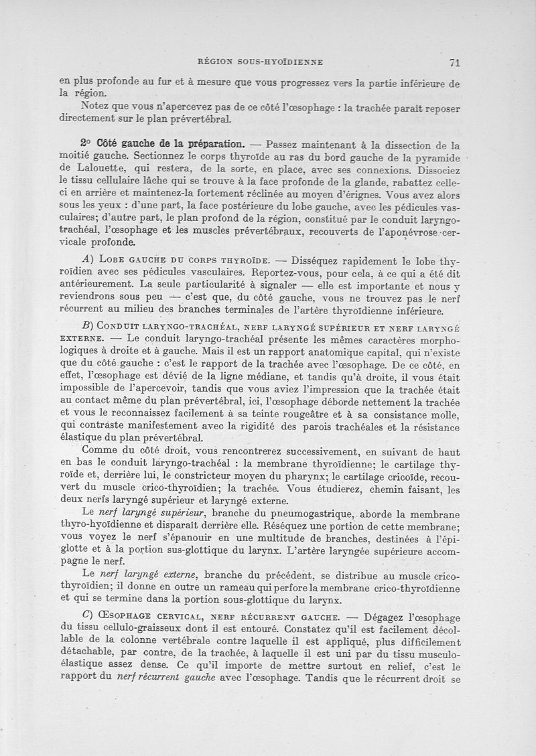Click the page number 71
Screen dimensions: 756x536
tap(454, 62)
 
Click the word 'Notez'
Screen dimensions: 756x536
tap(96, 108)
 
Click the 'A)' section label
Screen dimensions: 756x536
tap(86, 259)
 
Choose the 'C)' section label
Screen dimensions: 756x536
tap(86, 615)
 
